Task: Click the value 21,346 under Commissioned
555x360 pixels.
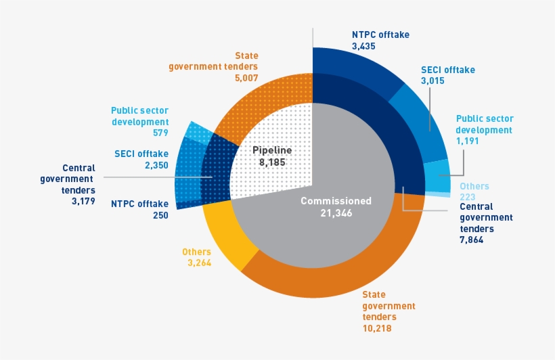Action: point(336,213)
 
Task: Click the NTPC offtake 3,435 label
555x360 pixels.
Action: point(380,41)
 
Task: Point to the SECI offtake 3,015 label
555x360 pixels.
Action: point(447,75)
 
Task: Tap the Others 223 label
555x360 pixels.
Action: point(474,192)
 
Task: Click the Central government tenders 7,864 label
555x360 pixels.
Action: point(486,217)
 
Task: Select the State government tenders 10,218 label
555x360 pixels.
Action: point(388,311)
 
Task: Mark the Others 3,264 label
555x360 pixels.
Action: point(196,257)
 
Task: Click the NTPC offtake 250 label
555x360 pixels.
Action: point(139,208)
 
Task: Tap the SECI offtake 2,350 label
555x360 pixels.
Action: point(141,160)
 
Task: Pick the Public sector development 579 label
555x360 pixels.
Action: point(139,121)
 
